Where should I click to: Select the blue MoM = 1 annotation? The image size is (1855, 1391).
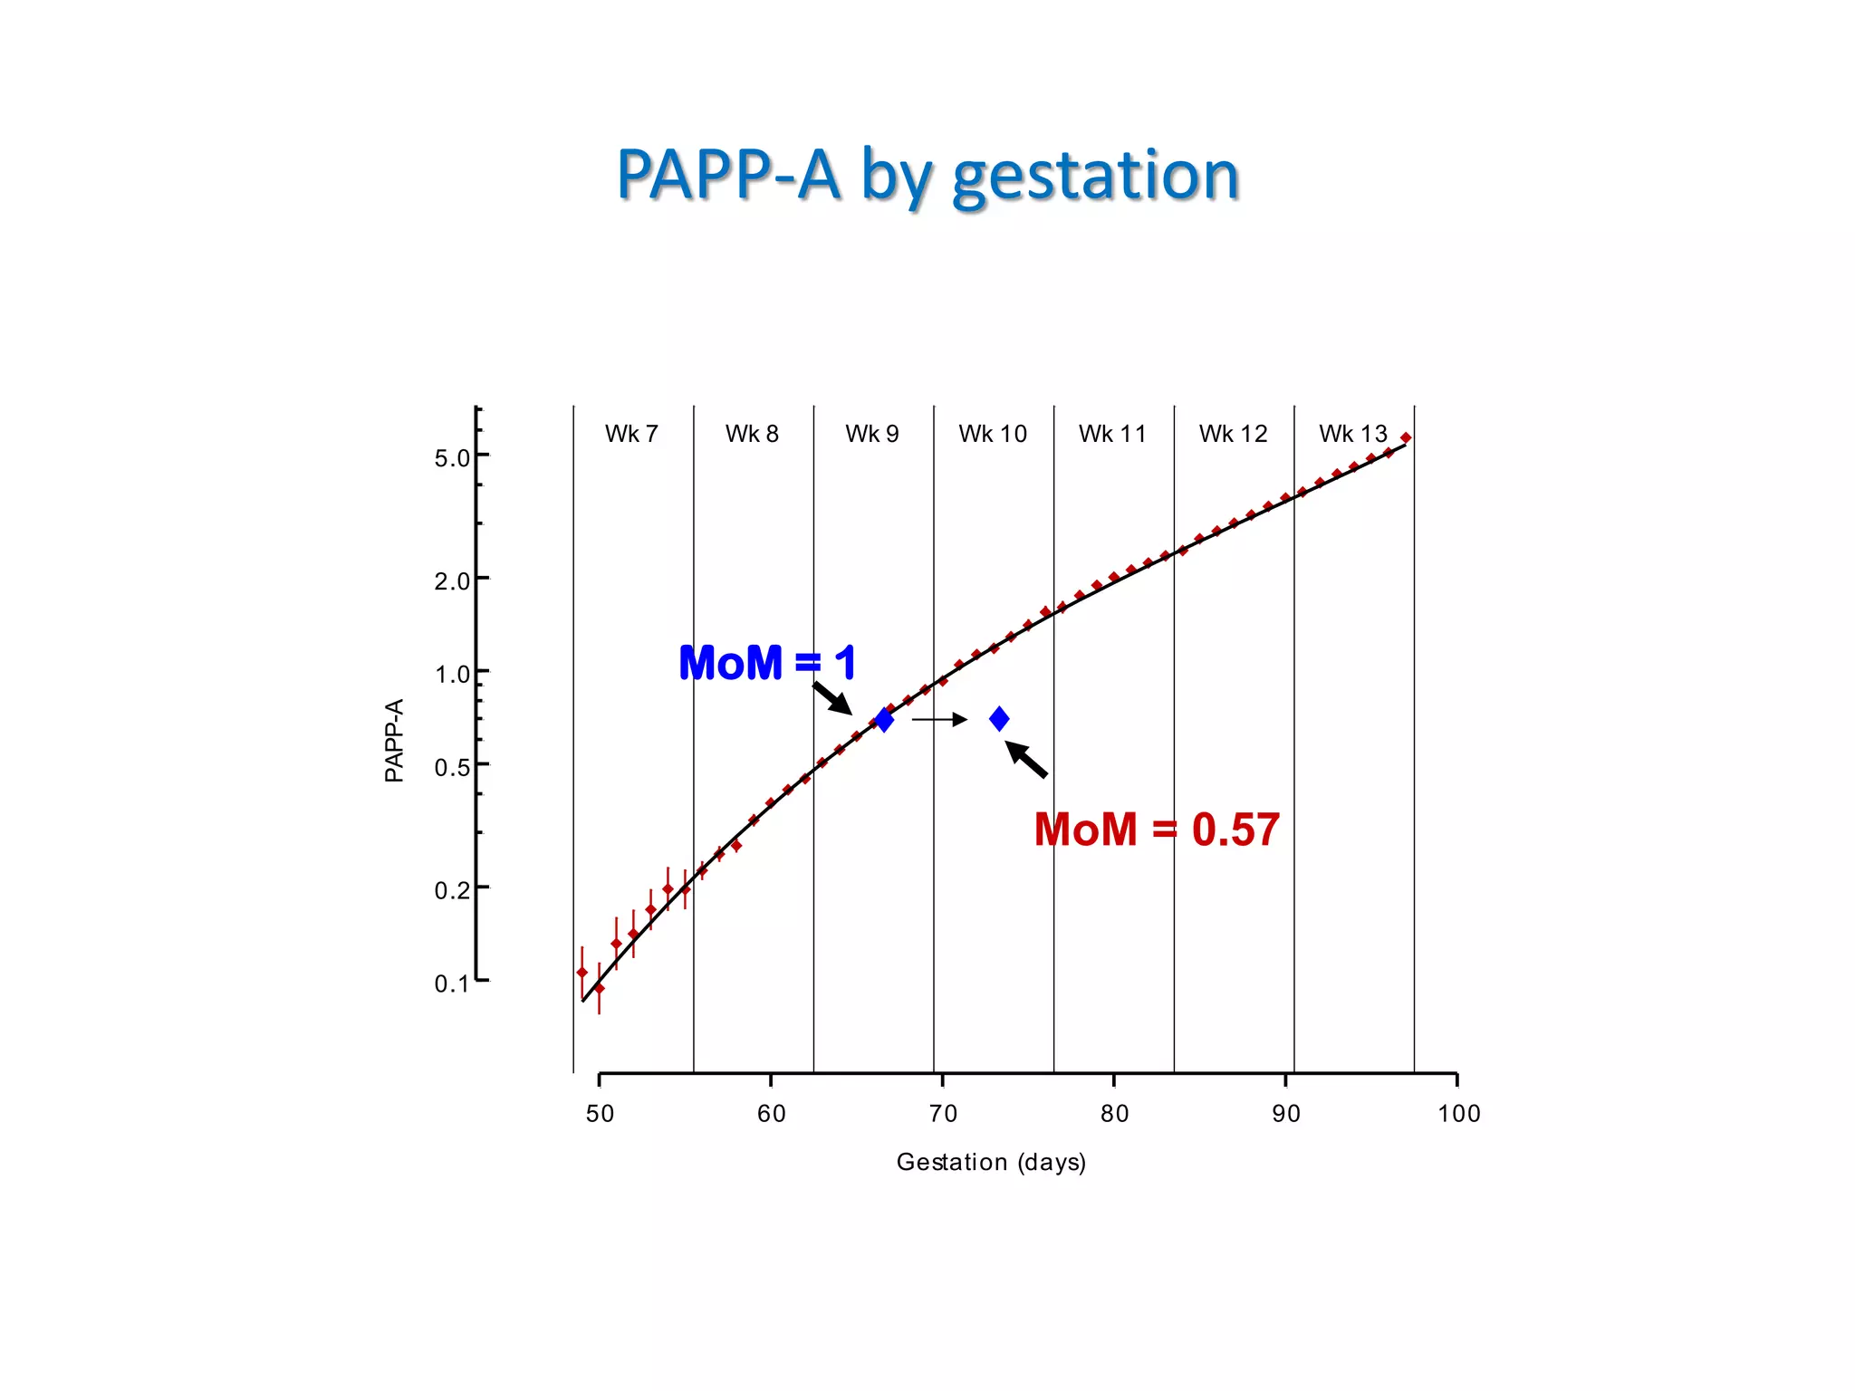767,663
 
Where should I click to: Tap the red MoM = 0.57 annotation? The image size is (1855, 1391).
1157,830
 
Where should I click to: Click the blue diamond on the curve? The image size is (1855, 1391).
884,720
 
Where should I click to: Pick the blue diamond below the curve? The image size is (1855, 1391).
999,719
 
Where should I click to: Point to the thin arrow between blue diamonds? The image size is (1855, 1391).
939,720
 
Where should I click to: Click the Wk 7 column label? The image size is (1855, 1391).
631,434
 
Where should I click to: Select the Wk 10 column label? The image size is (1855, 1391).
993,434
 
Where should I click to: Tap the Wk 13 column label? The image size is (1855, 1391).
1352,434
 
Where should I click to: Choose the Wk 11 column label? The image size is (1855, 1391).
1112,434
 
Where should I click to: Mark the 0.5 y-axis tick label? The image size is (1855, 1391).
452,768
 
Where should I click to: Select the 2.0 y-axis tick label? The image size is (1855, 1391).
452,580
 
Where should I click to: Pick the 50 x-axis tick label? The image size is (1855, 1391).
600,1114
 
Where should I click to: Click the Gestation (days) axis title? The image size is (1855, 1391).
991,1162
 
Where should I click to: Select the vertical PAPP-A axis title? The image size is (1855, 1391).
394,740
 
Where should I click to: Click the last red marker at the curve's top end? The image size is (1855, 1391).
1406,438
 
